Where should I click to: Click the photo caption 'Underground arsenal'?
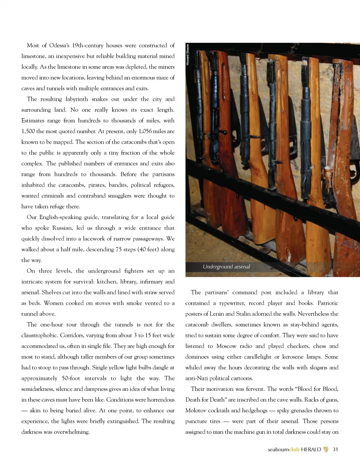(x=226, y=267)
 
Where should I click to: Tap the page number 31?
(x=335, y=449)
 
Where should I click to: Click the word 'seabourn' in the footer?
(x=278, y=449)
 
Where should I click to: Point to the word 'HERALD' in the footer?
(x=311, y=449)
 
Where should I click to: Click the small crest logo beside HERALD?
(x=326, y=449)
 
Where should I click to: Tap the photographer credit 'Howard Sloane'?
(x=188, y=55)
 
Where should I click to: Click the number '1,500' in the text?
(x=28, y=131)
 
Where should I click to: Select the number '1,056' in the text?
(x=146, y=131)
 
